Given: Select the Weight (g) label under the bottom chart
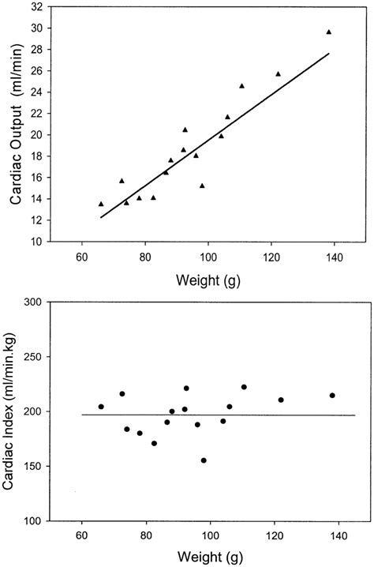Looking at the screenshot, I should tap(208, 553).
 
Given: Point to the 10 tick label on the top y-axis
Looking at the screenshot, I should tap(37, 242).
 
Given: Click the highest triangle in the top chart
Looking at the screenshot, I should tap(328, 32).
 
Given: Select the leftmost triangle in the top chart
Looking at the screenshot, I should tap(101, 204).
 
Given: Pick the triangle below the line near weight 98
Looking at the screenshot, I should tap(202, 186).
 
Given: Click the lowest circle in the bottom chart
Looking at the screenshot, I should tap(204, 460).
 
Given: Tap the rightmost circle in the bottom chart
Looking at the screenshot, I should tap(332, 396).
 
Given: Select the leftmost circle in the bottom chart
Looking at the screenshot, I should tap(101, 407).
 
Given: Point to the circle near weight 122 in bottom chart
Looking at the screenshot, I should tap(281, 400).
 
